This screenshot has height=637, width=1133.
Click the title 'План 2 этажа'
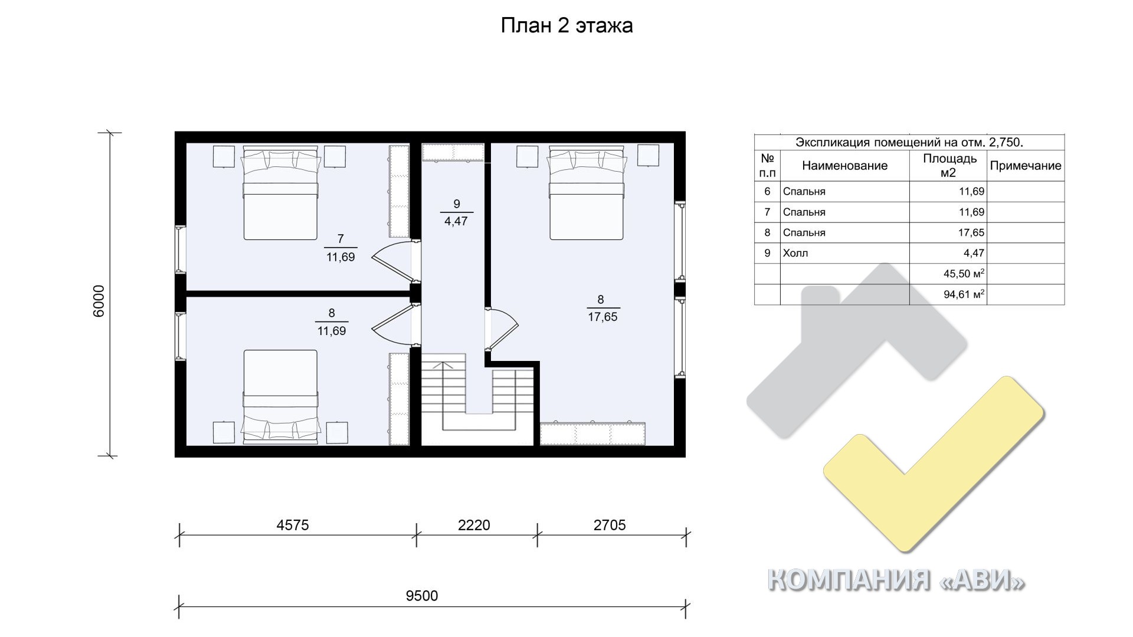(x=566, y=26)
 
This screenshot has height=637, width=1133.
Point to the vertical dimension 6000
(x=99, y=301)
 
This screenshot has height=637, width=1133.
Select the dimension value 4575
(x=293, y=525)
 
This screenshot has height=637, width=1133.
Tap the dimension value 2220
(x=474, y=525)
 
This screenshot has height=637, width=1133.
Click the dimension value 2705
(x=610, y=525)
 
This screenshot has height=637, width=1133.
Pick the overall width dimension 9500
(x=422, y=596)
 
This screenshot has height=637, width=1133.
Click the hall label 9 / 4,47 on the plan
(x=456, y=213)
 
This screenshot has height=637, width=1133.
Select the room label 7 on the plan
(x=340, y=239)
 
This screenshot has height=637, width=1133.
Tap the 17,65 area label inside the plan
(x=602, y=317)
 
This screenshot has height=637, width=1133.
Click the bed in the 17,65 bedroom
(x=586, y=193)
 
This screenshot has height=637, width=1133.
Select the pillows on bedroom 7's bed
(x=281, y=160)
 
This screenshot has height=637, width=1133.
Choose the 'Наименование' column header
(x=844, y=166)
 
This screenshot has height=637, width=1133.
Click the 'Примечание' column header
(x=1026, y=166)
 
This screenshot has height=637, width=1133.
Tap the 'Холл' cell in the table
(x=795, y=253)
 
